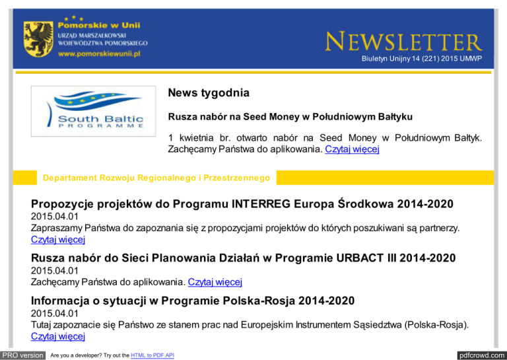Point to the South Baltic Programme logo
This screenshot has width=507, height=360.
pyautogui.click(x=92, y=116)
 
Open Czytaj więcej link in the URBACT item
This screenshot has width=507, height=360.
pyautogui.click(x=215, y=283)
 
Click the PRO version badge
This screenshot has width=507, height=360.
pyautogui.click(x=23, y=355)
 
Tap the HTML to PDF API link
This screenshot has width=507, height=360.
pyautogui.click(x=152, y=355)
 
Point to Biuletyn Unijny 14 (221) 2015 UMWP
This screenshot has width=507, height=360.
pyautogui.click(x=421, y=59)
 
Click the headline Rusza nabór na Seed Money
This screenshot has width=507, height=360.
pyautogui.click(x=290, y=117)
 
